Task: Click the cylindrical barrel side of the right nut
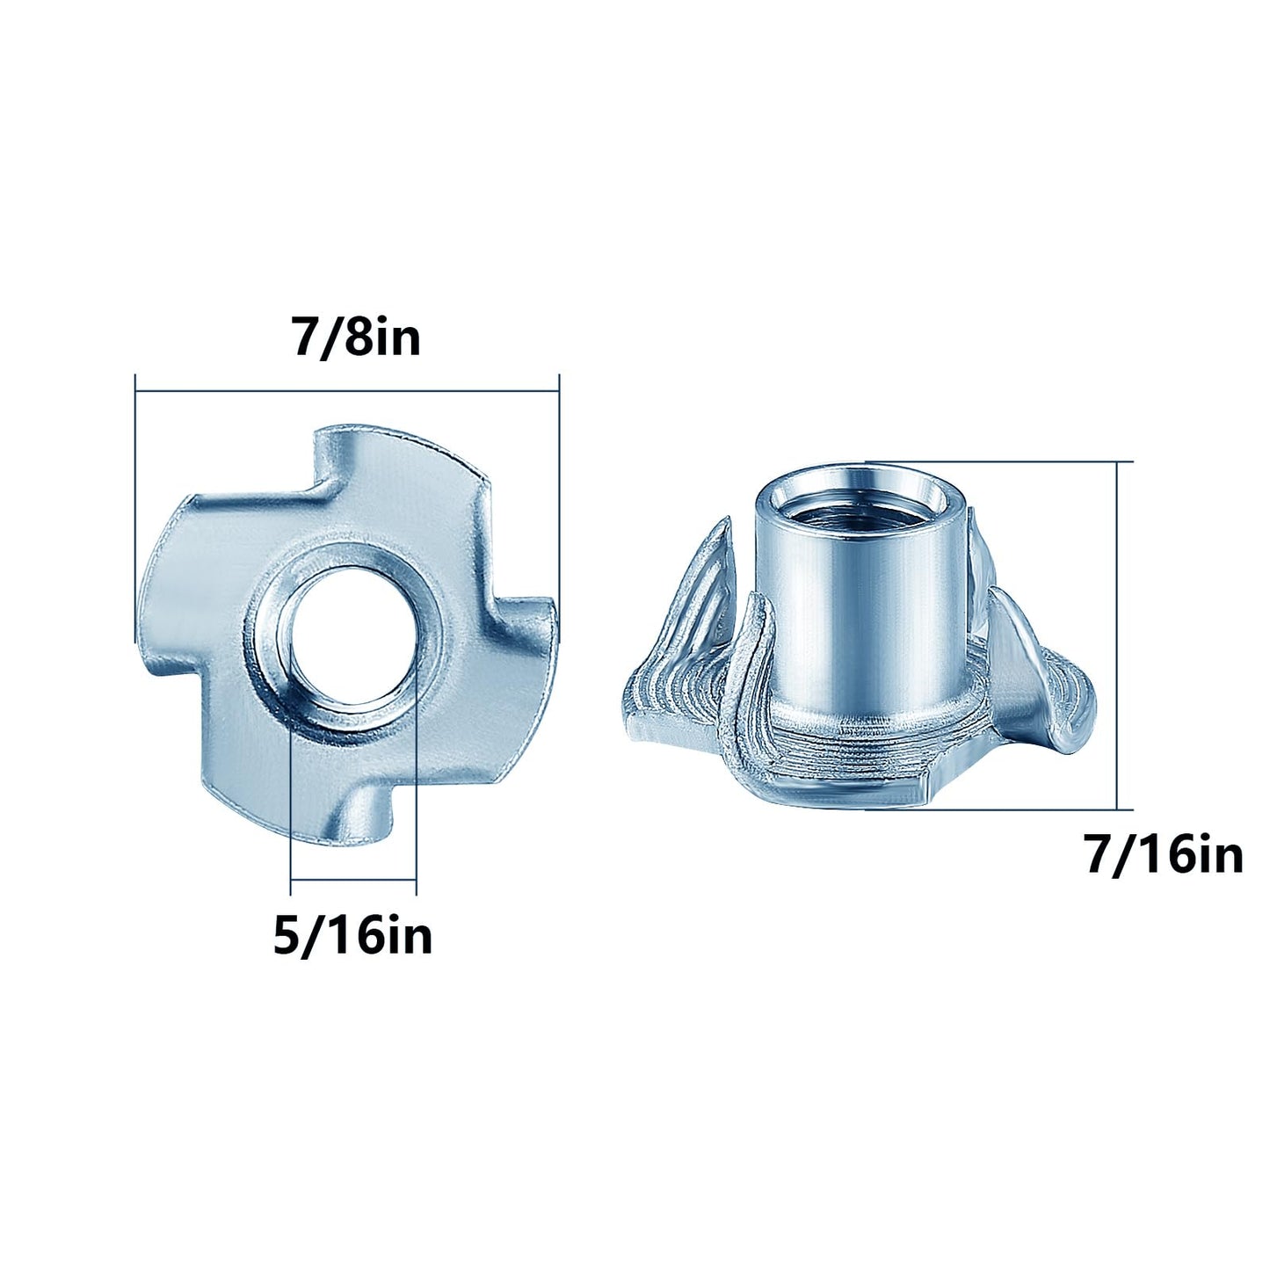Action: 817,615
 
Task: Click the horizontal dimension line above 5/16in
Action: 352,880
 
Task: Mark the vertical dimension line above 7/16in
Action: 1117,633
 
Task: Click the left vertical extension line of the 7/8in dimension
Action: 135,510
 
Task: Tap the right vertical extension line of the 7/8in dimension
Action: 559,492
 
